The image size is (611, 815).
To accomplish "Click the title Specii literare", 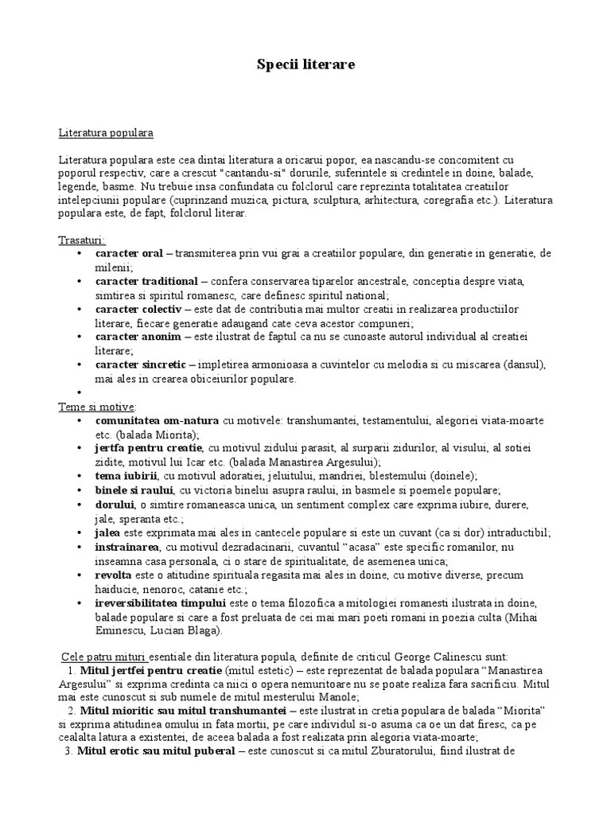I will (305, 64).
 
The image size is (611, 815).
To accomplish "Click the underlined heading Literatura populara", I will (106, 132).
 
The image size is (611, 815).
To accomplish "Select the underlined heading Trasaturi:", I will (81, 240).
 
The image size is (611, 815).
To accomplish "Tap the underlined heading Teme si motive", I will (96, 406).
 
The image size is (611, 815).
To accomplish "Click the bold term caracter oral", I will (129, 253).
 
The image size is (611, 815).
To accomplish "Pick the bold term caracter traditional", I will (146, 281).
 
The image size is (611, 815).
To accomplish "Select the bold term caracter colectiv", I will (138, 309).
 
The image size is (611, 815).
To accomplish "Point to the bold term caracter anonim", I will (138, 337).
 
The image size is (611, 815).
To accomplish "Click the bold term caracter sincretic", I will (140, 365).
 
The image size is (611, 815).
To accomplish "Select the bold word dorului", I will (115, 504).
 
